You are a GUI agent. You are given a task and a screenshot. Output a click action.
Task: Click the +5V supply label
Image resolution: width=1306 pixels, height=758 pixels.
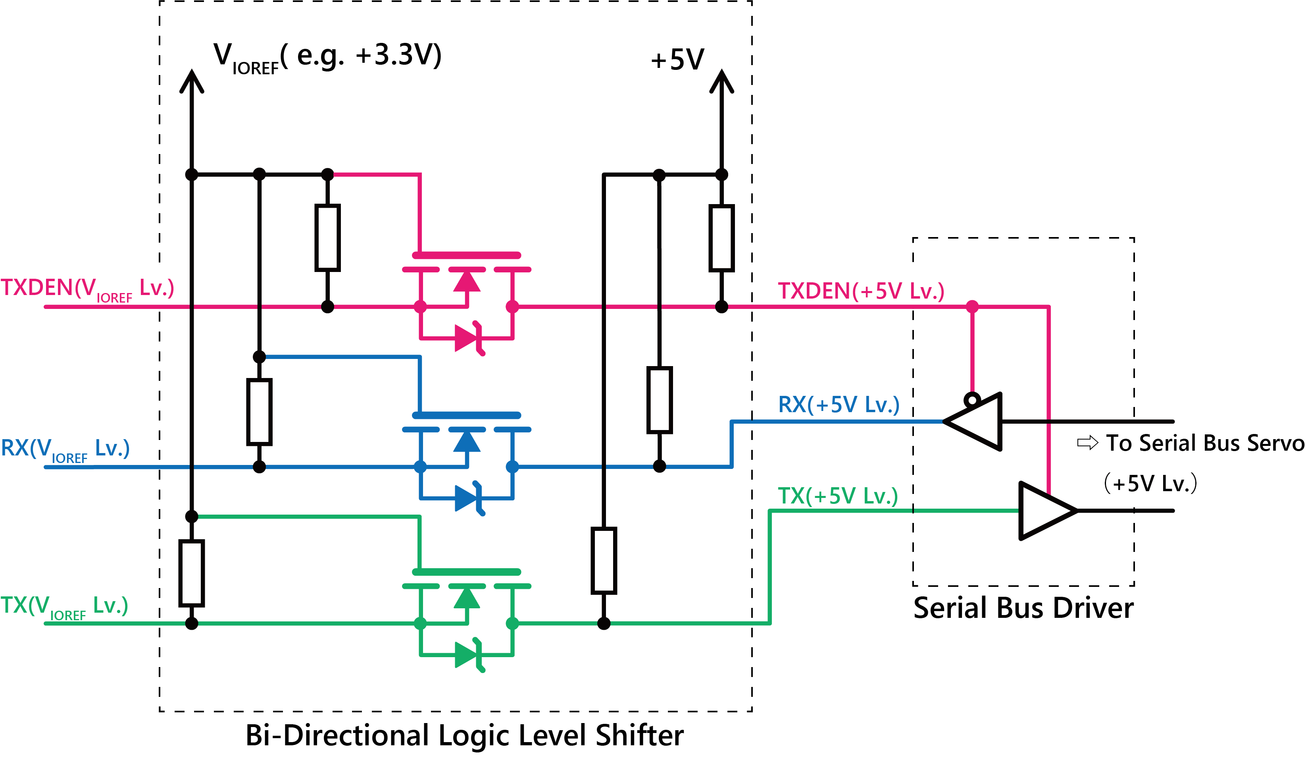point(677,60)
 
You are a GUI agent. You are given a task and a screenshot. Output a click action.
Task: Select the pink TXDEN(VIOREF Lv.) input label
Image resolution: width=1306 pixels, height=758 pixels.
point(87,288)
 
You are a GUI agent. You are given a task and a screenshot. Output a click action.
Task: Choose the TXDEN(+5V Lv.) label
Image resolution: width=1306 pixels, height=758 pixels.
point(861,291)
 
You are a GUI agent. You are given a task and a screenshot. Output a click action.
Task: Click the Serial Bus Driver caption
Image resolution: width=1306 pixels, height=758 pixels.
point(1023,608)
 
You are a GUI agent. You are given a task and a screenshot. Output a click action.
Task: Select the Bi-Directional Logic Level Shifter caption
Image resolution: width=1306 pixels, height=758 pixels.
point(464,735)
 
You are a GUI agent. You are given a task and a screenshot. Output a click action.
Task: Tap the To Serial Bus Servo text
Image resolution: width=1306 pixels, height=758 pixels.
point(1204,443)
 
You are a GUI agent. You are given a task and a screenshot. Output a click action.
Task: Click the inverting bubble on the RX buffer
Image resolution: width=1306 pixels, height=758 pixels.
point(972,400)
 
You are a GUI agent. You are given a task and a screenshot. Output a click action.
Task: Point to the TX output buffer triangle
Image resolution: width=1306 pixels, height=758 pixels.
point(1044,511)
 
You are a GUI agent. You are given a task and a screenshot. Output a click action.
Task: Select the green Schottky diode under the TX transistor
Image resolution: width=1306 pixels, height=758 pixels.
point(468,655)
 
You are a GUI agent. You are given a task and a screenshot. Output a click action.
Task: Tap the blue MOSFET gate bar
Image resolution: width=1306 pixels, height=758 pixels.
point(466,415)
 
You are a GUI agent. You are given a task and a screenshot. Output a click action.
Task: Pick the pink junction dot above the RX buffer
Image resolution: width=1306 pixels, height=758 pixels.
point(972,307)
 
